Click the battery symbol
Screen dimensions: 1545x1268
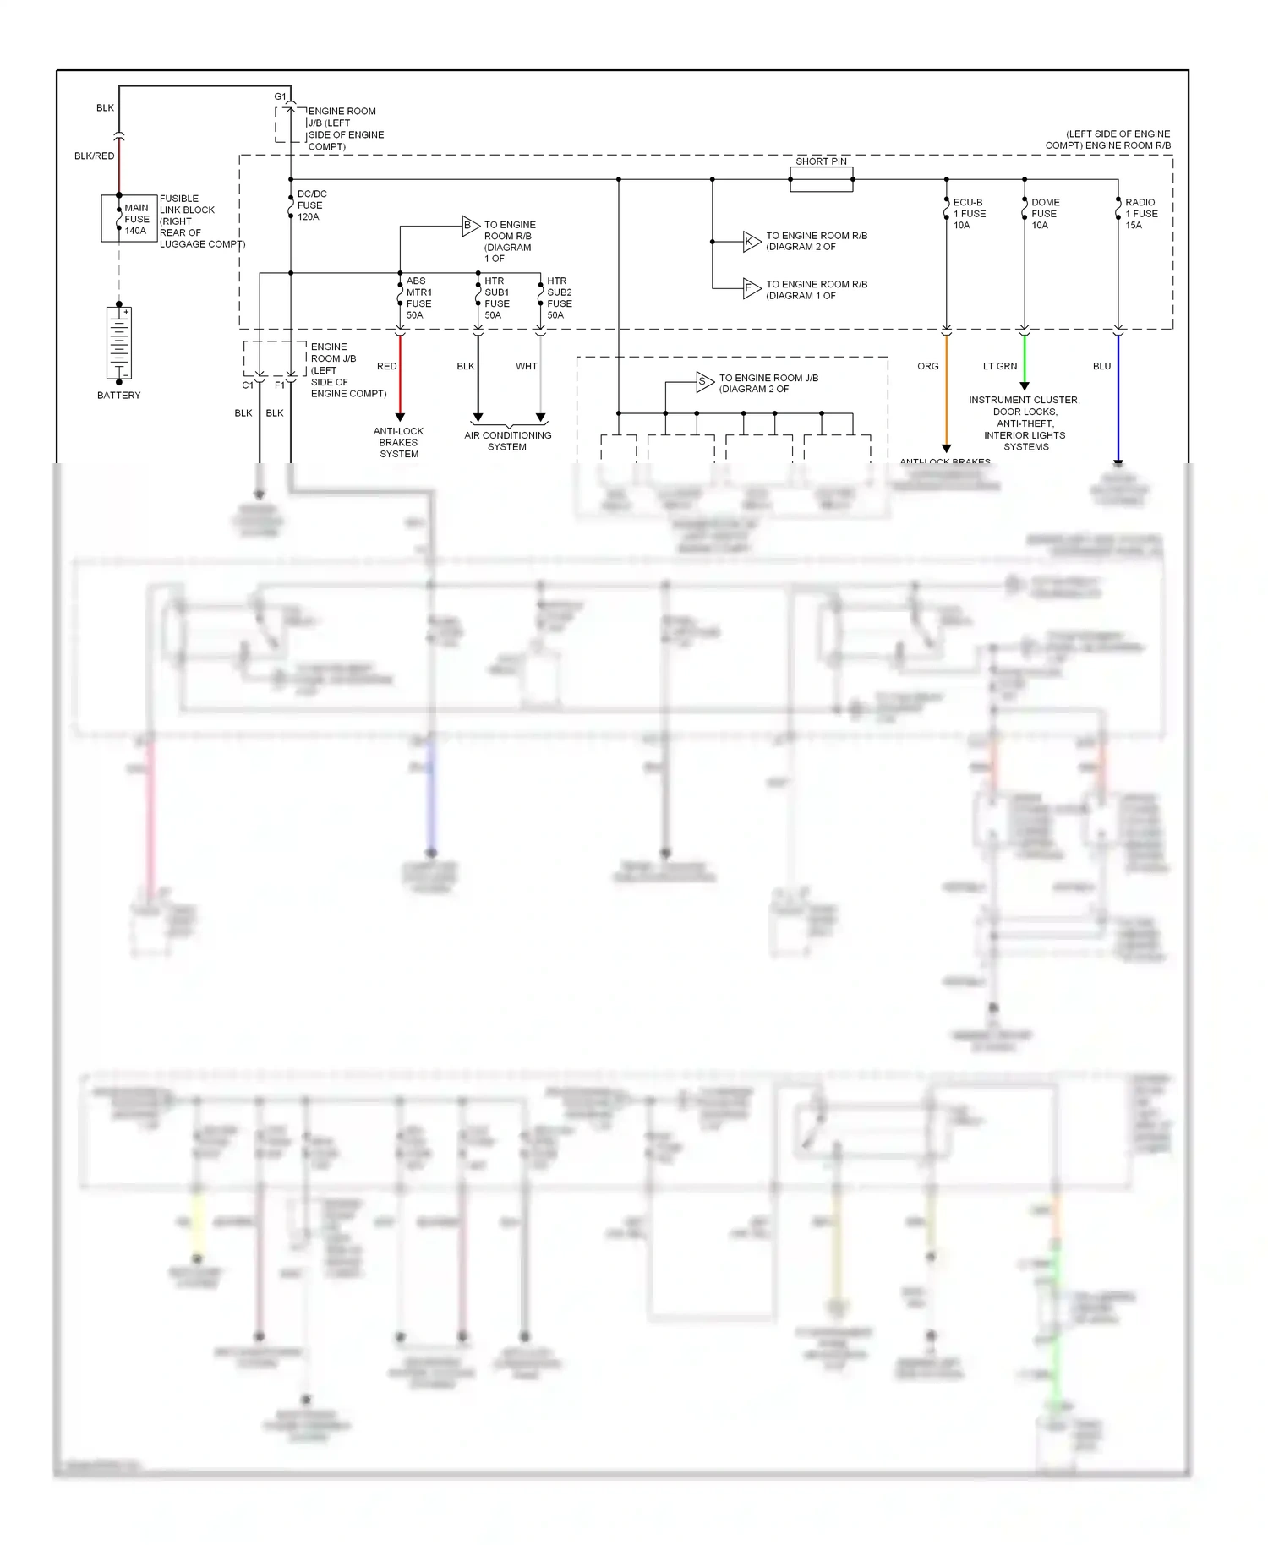pyautogui.click(x=119, y=342)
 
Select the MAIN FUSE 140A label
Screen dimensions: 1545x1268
pyautogui.click(x=136, y=219)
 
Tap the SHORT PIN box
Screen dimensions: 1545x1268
pyautogui.click(x=821, y=179)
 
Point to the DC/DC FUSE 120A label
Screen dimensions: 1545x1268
pyautogui.click(x=311, y=205)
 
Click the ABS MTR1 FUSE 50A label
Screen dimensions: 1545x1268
pyautogui.click(x=418, y=298)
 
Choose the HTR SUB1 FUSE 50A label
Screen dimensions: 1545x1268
pyautogui.click(x=496, y=298)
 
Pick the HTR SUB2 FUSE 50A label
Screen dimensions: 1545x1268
pyautogui.click(x=559, y=298)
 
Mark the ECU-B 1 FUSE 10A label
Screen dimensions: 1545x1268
pyautogui.click(x=969, y=214)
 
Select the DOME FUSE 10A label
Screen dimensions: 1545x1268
pyautogui.click(x=1045, y=214)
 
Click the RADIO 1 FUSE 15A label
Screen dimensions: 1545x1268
pyautogui.click(x=1140, y=214)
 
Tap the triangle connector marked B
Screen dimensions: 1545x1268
pyautogui.click(x=470, y=226)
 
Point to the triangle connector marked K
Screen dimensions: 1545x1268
pyautogui.click(x=751, y=242)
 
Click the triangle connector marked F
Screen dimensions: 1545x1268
pyautogui.click(x=751, y=289)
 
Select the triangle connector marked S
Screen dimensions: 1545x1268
pyautogui.click(x=704, y=382)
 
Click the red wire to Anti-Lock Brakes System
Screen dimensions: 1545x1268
pyautogui.click(x=400, y=376)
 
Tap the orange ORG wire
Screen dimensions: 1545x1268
pyautogui.click(x=946, y=389)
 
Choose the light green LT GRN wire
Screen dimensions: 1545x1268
pyautogui.click(x=1025, y=359)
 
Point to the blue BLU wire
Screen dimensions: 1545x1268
pyautogui.click(x=1118, y=397)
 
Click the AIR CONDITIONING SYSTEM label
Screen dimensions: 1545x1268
pyautogui.click(x=507, y=441)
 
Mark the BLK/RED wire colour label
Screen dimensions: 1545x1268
pyautogui.click(x=94, y=156)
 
